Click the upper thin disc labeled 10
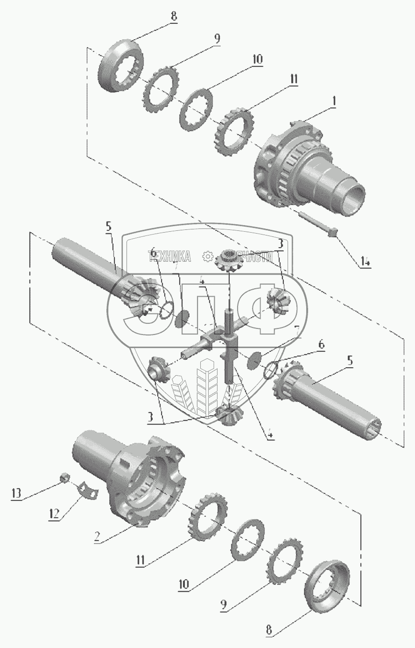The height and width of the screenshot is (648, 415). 197,111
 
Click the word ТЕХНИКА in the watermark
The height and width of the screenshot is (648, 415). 169,256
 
